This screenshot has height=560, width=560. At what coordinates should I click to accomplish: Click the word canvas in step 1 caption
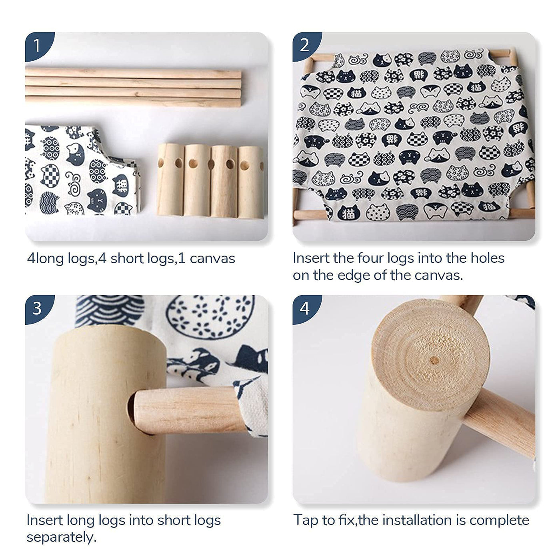[x=212, y=259]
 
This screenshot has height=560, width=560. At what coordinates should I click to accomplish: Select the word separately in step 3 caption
[x=61, y=538]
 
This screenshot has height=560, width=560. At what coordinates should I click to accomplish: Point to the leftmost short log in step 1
[x=170, y=179]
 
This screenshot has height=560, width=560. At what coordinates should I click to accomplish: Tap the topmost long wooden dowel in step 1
[x=133, y=73]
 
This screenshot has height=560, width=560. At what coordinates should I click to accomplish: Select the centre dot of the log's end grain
[x=434, y=361]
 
